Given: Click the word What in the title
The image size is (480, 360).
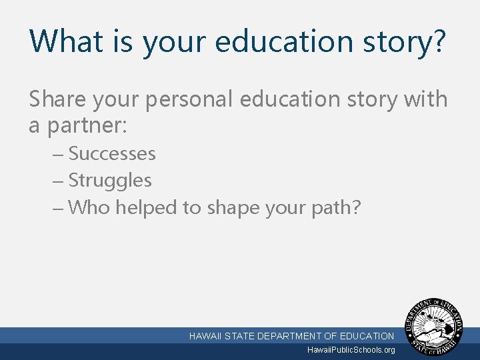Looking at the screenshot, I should click(x=65, y=41).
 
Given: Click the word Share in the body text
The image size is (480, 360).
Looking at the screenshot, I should click(x=57, y=99).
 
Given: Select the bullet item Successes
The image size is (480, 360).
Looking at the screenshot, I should click(x=112, y=154).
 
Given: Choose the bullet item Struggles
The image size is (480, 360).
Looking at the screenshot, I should click(x=110, y=181).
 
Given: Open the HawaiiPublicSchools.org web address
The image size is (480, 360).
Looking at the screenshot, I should click(x=351, y=350).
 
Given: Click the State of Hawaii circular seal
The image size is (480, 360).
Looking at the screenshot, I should click(x=437, y=327).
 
